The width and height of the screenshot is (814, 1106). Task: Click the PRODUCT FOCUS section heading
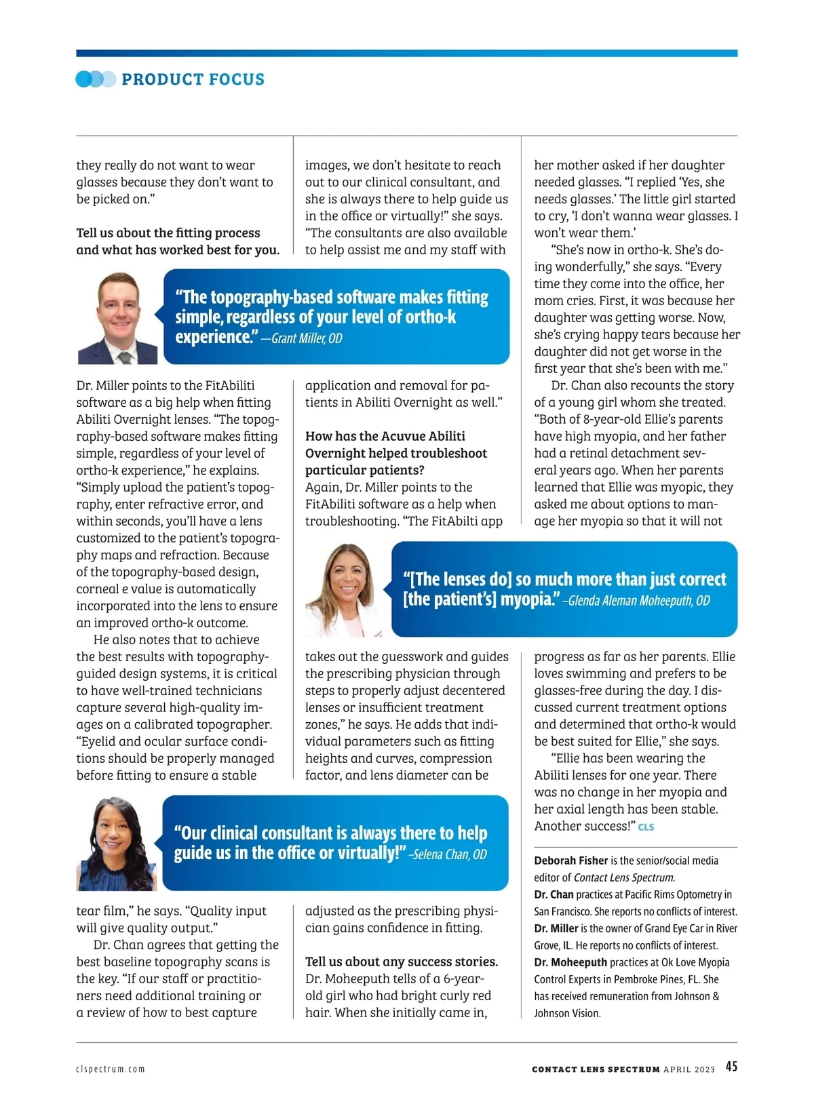coord(193,79)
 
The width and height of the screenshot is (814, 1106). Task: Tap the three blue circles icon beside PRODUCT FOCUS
coord(95,79)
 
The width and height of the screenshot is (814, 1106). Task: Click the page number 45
coord(731,1067)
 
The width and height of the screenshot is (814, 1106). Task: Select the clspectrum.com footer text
coord(111,1069)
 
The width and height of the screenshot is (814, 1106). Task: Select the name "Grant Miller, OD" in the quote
coord(307,338)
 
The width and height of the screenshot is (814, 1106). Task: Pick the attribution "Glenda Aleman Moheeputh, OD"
coord(639,601)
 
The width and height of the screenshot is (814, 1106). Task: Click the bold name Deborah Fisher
coord(570,861)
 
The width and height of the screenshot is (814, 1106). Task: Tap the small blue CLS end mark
coord(646,827)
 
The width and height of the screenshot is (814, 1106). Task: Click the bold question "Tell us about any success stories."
coord(402,962)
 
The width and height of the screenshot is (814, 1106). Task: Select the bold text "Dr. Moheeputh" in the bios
coord(570,962)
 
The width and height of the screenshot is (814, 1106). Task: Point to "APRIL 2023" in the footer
coord(689,1069)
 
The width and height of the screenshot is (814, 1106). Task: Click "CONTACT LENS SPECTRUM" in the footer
coord(596,1069)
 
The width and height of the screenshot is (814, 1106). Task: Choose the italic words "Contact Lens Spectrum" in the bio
coord(623,877)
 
